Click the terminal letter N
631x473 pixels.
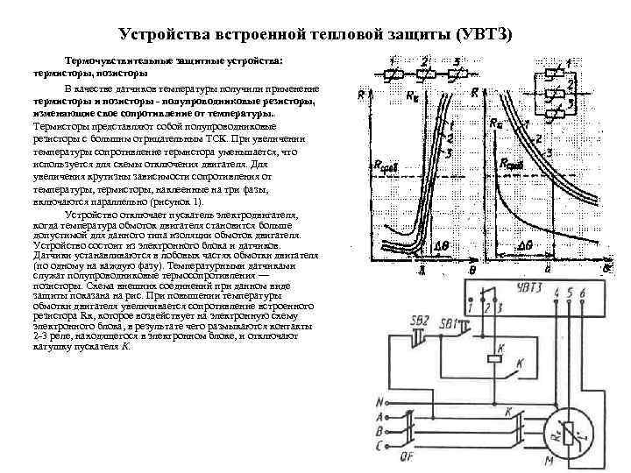379,403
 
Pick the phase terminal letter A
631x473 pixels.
379,418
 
